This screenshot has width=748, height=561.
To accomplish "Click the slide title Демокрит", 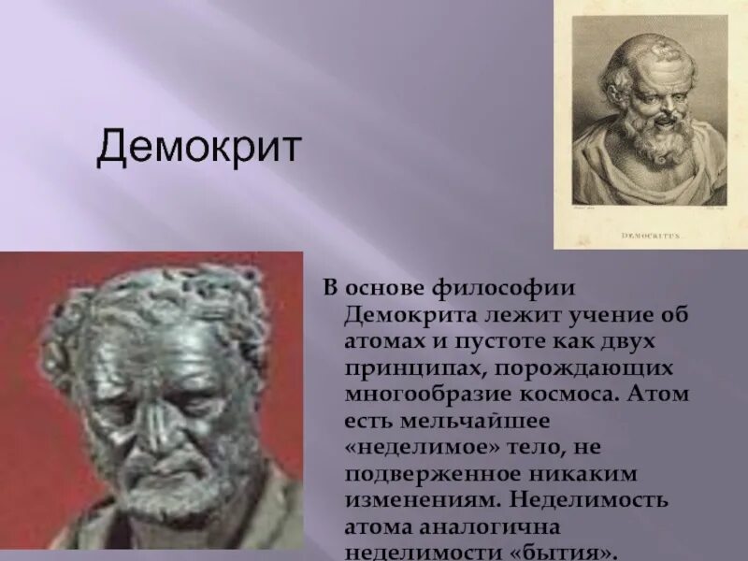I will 198,148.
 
